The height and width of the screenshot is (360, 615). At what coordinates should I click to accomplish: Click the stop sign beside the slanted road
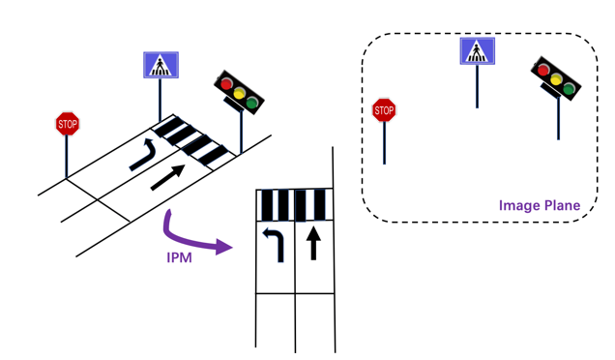click(x=67, y=123)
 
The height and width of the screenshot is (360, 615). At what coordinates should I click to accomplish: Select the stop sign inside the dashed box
click(x=384, y=110)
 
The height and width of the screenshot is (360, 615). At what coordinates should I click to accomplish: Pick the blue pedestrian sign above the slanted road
click(x=161, y=65)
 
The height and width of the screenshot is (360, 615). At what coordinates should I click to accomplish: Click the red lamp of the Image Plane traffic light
click(x=543, y=70)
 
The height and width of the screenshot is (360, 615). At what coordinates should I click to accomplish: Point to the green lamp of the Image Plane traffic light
click(x=569, y=89)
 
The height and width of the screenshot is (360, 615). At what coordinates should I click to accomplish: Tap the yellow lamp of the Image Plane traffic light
click(x=556, y=79)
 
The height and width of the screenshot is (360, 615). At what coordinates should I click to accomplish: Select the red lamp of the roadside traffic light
click(x=227, y=84)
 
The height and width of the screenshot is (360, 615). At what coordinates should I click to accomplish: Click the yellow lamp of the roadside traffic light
click(x=240, y=94)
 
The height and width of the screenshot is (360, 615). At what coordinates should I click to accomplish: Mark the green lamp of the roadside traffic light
click(x=252, y=103)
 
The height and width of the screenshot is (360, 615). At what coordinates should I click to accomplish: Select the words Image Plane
click(x=539, y=205)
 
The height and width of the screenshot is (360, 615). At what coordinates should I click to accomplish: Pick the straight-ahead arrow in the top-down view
click(x=312, y=243)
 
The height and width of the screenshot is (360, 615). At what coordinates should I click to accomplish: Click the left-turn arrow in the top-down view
click(x=275, y=243)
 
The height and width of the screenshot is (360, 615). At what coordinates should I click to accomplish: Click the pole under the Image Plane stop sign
click(x=384, y=143)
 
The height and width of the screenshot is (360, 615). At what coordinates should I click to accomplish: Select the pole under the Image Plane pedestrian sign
click(x=477, y=86)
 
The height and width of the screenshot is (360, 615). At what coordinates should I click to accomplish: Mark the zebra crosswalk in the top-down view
click(x=295, y=205)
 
